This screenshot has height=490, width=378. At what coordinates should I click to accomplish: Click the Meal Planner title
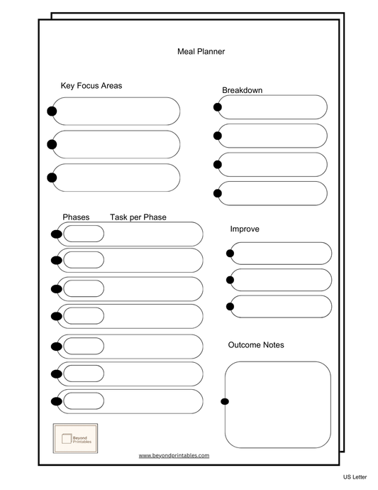click(x=201, y=51)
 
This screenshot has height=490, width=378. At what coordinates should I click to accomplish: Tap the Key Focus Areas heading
click(x=91, y=86)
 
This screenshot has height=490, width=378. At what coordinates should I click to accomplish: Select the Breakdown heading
click(x=242, y=90)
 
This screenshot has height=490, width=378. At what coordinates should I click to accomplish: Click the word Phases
click(x=76, y=217)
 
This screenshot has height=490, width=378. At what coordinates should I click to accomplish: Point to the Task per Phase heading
click(x=138, y=217)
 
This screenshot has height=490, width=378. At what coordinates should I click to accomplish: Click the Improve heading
click(x=245, y=229)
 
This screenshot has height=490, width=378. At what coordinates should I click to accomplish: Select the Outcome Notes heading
click(x=256, y=345)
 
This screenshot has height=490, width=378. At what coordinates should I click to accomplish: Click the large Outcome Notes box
click(x=278, y=404)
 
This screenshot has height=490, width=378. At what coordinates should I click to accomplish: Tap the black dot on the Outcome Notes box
click(x=225, y=402)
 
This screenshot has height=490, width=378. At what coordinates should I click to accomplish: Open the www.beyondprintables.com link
click(x=174, y=455)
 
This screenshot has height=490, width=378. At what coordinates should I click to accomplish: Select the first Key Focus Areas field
click(x=116, y=111)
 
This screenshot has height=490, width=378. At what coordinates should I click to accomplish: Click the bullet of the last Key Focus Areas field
click(x=52, y=178)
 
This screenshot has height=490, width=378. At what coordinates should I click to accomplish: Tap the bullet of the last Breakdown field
click(x=217, y=193)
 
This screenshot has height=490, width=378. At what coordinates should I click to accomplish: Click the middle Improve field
click(x=281, y=280)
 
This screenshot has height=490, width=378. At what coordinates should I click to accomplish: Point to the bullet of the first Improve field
click(x=230, y=254)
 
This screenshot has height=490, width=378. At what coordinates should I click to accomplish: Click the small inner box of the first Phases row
click(x=84, y=234)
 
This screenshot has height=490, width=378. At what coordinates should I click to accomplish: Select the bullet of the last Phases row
click(x=56, y=401)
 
